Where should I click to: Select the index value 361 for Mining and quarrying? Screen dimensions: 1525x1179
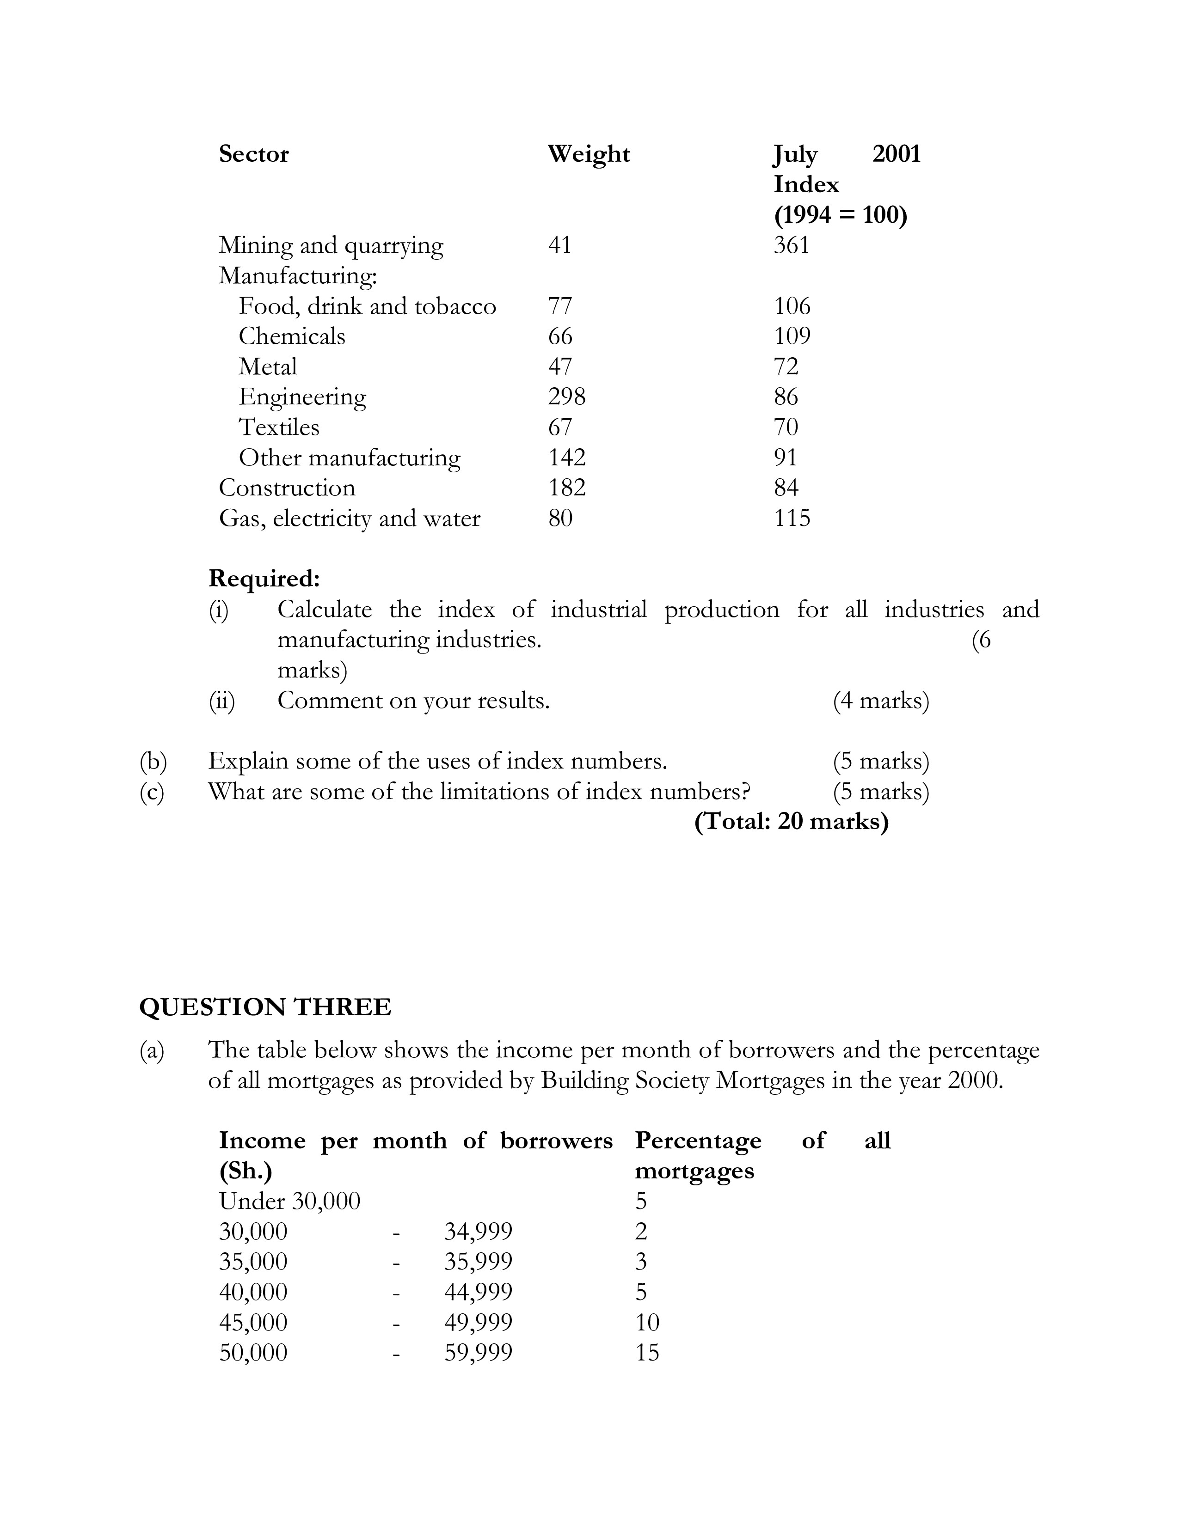pos(792,245)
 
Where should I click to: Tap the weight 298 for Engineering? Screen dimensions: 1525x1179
pos(566,396)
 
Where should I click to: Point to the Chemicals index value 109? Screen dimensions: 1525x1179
pos(792,336)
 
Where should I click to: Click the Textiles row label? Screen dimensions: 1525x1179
pos(279,427)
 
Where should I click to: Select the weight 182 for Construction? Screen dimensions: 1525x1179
pos(566,488)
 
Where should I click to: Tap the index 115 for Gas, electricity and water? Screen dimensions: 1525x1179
pos(792,518)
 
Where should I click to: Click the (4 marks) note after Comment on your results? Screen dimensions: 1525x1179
pos(881,700)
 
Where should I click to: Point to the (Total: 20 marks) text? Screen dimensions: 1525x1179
pos(792,821)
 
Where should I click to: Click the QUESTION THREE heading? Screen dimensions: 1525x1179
pos(265,1007)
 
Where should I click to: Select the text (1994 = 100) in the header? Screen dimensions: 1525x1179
pos(840,214)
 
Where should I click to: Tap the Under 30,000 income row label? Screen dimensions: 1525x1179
pos(289,1201)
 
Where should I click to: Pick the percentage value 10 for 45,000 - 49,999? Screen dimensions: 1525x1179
pos(647,1322)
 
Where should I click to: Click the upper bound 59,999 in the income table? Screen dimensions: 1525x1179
pos(479,1353)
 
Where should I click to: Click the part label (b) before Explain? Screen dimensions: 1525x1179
pos(153,760)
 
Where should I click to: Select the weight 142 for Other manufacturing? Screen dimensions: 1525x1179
pos(566,457)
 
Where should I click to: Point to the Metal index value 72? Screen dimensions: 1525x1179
pos(786,366)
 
